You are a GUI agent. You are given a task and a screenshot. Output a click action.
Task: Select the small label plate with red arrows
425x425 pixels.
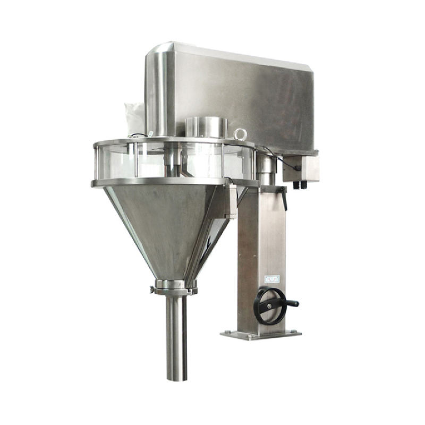coord(271,278)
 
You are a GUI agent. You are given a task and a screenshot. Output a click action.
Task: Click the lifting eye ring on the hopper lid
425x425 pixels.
coord(241,134)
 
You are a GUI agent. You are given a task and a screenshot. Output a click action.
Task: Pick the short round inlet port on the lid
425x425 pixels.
coord(207,127)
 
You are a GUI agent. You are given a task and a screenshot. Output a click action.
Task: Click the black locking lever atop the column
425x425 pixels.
coord(284,199)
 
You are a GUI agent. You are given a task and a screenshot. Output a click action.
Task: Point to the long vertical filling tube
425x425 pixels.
coord(176,335)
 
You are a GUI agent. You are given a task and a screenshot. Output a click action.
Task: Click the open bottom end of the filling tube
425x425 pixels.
coord(176,378)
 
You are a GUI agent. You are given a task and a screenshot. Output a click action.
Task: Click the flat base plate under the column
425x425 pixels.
coord(260,334)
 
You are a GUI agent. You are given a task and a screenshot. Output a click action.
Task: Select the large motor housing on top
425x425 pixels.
coord(234,93)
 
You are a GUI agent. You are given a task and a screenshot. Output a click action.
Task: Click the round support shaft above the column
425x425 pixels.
coord(266,169)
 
